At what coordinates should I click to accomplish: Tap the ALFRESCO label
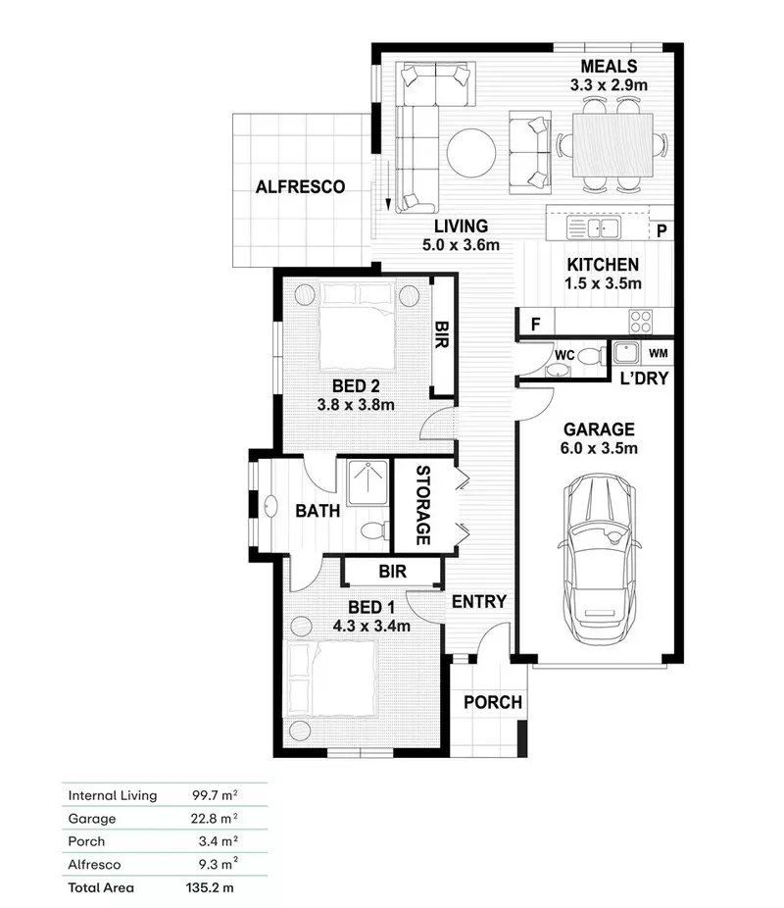[x=300, y=186]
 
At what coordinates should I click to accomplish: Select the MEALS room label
[x=609, y=67]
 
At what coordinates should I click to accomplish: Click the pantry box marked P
[x=661, y=231]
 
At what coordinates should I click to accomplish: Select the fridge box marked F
[x=535, y=322]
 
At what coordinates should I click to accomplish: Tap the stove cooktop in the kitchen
[x=641, y=321]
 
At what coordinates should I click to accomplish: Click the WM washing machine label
[x=659, y=352]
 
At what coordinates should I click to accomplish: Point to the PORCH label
[x=492, y=702]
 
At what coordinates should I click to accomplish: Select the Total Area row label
[x=101, y=887]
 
